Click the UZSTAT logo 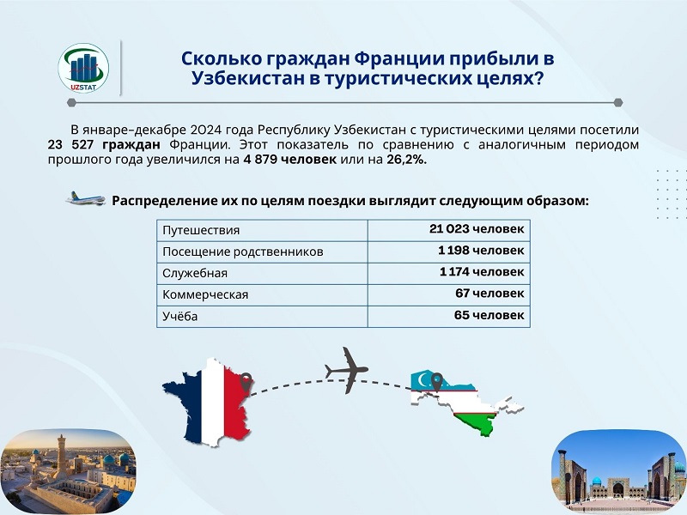(x=83, y=68)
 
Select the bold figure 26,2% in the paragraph (x=406, y=160)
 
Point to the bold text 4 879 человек (x=289, y=160)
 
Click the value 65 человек (x=489, y=315)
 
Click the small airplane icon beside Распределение (x=85, y=199)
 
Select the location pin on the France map (x=246, y=382)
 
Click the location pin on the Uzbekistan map (x=436, y=382)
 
